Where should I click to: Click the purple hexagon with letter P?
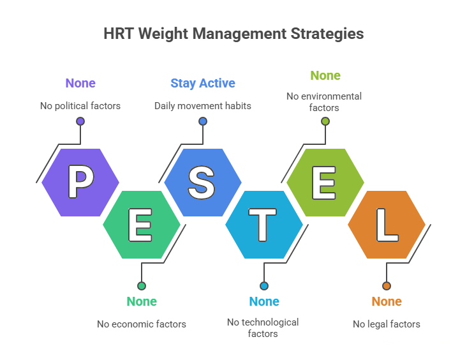pos(80,183)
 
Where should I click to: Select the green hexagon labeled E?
pos(141,225)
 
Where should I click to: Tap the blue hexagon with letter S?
pos(202,183)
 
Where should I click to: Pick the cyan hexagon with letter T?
pos(263,225)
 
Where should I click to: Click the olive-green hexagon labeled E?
pos(325,183)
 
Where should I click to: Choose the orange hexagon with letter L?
pos(386,225)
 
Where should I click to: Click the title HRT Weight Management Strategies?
pos(233,33)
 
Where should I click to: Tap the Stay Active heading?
pos(202,83)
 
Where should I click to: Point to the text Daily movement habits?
pos(202,105)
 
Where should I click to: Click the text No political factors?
pos(80,105)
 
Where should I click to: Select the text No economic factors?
pos(141,324)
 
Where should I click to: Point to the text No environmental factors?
pos(324,101)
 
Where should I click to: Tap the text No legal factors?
pos(386,324)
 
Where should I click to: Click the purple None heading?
pos(80,83)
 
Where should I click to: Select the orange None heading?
pos(386,301)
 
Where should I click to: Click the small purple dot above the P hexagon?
pos(80,121)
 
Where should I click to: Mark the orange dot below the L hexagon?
pos(386,286)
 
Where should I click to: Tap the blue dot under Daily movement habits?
pos(202,121)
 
